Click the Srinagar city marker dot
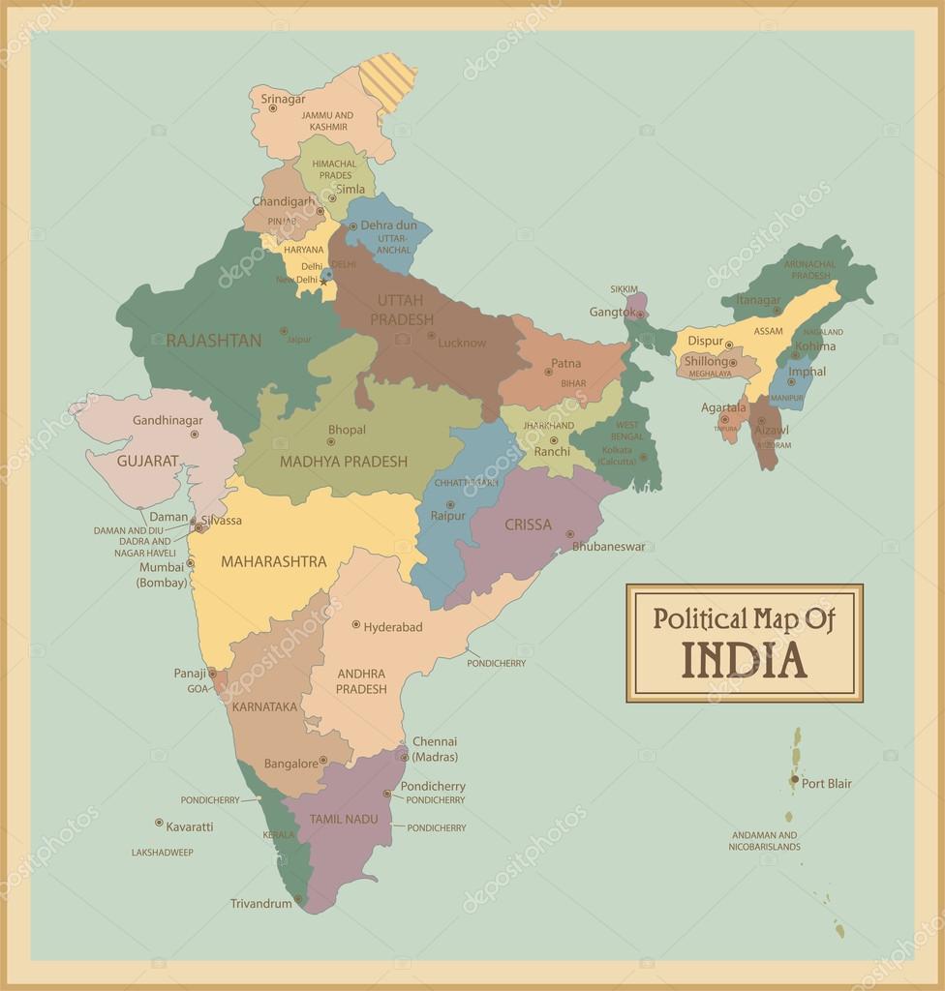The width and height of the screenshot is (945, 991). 273,108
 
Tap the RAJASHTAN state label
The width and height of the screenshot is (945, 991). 213,341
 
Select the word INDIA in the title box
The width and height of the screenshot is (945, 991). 744,660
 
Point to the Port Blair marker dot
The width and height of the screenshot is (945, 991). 794,779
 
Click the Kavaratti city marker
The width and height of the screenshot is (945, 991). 159,823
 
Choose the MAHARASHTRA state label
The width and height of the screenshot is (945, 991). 273,561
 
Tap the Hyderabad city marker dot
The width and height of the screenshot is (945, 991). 356,624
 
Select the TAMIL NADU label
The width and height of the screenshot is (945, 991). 344,820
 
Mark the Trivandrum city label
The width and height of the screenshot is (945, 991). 260,904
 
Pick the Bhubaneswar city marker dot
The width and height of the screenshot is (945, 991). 570,533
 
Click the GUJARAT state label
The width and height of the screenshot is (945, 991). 148,461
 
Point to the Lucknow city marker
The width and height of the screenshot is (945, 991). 431,338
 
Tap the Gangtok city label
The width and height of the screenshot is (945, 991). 611,313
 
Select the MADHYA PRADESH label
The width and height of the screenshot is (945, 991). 344,462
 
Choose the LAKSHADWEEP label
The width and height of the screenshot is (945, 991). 163,853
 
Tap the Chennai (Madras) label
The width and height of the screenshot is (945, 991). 435,749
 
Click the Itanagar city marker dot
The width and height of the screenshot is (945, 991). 776,311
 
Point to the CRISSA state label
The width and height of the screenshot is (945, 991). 528,526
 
